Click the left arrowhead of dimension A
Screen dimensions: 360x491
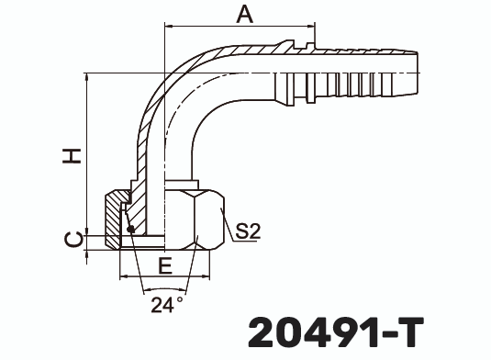coord(169,28)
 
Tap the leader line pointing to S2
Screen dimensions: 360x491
coord(228,219)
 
